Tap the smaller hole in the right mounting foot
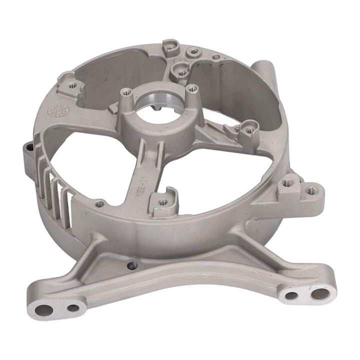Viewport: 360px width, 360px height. click(290, 295)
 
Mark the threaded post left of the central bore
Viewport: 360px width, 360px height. click(125, 93)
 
